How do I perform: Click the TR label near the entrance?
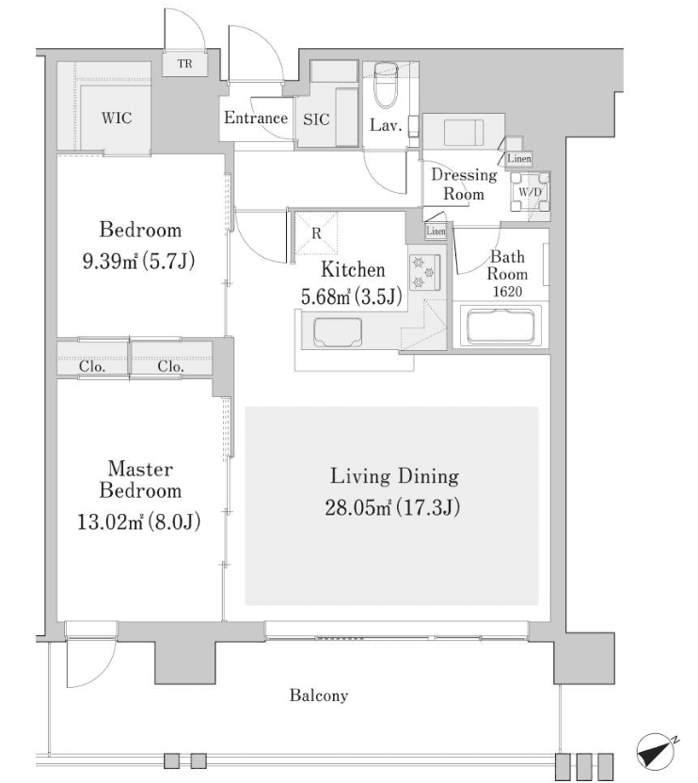coord(186,64)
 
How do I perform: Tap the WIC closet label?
coord(117,119)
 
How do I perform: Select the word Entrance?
coord(255,119)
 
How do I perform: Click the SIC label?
coord(315,120)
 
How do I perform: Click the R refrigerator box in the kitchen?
coord(317,231)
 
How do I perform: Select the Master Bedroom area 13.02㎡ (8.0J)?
coord(138,521)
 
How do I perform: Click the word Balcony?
coord(318,696)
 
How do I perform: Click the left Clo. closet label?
coord(91,367)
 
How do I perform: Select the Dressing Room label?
coord(463,184)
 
